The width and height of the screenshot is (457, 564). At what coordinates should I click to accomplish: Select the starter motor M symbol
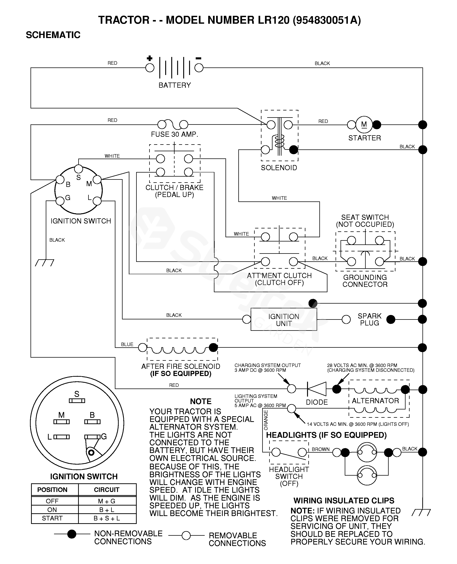(364, 125)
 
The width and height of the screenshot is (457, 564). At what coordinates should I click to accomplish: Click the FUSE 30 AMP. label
(174, 134)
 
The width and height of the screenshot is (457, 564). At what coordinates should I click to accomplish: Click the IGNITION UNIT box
(284, 320)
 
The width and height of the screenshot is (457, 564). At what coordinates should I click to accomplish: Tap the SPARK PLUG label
(369, 319)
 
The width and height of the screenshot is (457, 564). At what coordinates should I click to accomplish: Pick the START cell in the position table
(52, 518)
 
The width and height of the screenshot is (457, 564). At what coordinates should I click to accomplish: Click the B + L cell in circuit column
(107, 510)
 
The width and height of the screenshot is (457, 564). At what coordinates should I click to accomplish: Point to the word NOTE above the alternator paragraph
(201, 401)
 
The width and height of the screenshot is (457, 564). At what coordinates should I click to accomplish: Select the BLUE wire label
(127, 344)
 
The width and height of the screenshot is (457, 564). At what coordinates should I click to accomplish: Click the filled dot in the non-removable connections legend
(72, 534)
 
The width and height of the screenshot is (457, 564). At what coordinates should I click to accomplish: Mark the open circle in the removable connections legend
(186, 535)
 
